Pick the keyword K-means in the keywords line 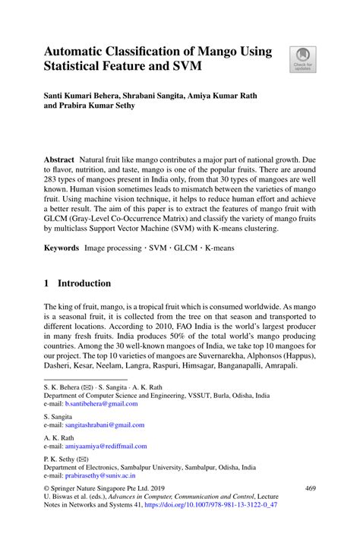tap(216, 248)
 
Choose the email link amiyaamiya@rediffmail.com tap(106, 447)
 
